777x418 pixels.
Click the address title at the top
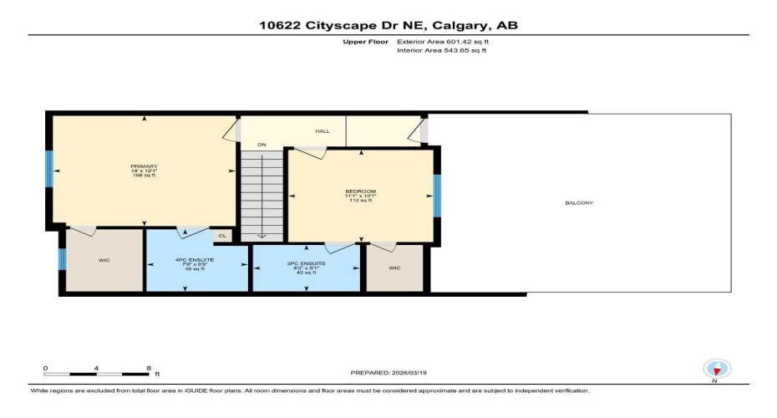(x=388, y=25)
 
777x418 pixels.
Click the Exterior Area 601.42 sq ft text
(x=441, y=41)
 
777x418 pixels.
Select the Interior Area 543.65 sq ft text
(x=440, y=51)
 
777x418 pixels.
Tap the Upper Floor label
(x=362, y=41)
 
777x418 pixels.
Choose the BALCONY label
(x=581, y=203)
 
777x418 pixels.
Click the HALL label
(x=322, y=131)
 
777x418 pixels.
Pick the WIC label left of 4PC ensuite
(x=104, y=260)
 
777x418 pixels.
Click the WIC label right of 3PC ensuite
(x=395, y=268)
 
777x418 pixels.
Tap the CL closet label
(x=222, y=236)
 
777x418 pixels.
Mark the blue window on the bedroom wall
(x=436, y=196)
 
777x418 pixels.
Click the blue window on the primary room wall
(x=48, y=171)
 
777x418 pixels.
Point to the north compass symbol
(x=717, y=369)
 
